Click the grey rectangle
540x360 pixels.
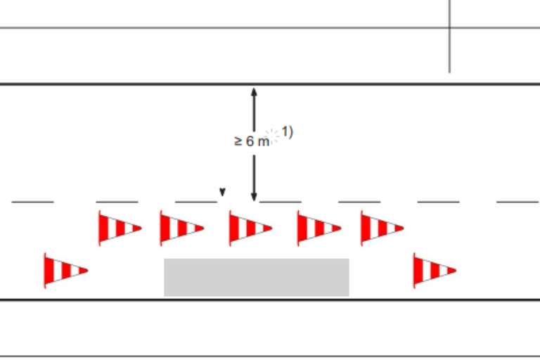pos(257,277)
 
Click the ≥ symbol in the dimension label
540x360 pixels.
pos(238,141)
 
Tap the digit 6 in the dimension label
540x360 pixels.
pos(250,141)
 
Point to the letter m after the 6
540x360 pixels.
pos(263,142)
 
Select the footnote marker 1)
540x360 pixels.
pos(287,132)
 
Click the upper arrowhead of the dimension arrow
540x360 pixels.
pos(254,92)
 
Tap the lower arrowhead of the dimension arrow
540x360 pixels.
pos(254,197)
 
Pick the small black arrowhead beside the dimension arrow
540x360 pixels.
pos(222,192)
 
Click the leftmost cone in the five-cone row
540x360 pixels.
pos(120,228)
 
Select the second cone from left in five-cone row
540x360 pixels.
pos(182,228)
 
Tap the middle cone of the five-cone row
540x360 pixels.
pos(251,228)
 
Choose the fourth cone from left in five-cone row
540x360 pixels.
pos(319,228)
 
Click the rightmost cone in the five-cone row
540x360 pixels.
pos(382,228)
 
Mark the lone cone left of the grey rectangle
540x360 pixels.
pos(66,271)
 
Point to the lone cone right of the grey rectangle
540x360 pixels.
pos(435,271)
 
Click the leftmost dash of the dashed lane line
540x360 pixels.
pos(33,202)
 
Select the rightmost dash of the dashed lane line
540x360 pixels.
pos(518,202)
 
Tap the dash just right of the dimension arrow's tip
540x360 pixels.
pos(281,202)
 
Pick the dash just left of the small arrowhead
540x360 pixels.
pos(196,202)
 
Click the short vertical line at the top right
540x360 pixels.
pos(449,36)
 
